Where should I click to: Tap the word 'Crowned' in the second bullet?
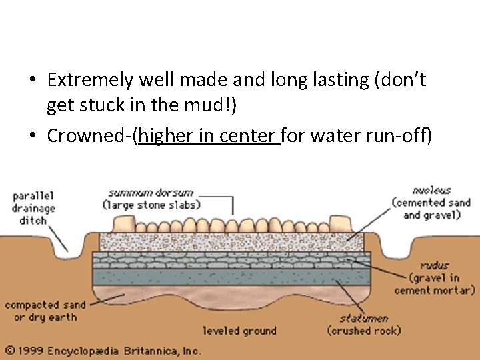point(89,136)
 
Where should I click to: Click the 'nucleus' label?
point(431,190)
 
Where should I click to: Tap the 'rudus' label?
point(435,265)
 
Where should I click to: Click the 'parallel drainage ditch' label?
point(33,207)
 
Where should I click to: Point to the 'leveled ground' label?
point(239,330)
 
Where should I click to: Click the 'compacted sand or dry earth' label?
point(45,311)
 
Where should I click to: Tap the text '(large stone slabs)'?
point(151,205)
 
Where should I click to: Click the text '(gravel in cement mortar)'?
point(434,284)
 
